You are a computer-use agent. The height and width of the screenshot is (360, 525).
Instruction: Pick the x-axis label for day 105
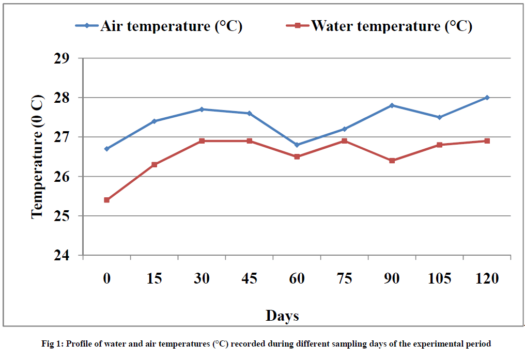439,278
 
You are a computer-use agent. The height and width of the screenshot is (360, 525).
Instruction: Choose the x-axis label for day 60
297,278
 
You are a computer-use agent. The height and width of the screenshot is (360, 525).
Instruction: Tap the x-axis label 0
106,278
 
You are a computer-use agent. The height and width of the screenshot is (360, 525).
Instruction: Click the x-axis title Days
282,315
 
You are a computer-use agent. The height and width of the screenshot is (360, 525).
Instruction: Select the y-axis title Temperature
37,157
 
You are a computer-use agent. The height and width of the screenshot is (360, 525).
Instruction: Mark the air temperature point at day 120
487,98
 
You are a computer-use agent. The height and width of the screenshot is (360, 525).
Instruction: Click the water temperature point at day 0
106,200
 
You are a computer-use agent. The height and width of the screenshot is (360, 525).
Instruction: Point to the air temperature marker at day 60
297,145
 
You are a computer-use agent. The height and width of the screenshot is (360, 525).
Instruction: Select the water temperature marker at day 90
392,161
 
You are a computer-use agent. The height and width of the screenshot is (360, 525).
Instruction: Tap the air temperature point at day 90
392,105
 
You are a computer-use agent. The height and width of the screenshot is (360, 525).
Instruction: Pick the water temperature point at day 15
154,164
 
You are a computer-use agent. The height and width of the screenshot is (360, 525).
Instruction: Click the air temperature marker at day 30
202,109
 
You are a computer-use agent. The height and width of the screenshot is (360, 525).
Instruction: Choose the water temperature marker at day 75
344,141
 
